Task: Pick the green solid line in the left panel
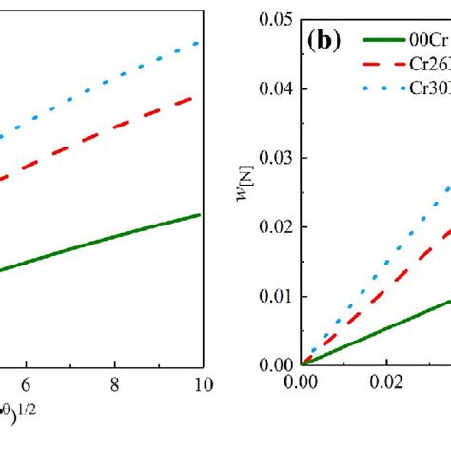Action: click(x=114, y=242)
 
